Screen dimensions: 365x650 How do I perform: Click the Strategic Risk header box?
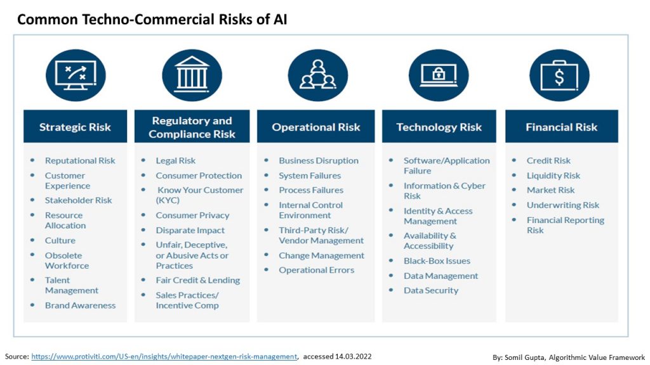click(75, 127)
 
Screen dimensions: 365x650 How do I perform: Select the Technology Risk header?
click(439, 127)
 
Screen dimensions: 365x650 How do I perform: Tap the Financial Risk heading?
click(561, 127)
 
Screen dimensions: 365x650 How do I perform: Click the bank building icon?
click(192, 75)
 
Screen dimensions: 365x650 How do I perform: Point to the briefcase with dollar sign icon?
click(559, 75)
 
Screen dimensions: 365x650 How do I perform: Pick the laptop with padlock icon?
click(439, 75)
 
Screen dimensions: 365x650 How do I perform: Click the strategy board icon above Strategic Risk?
click(76, 75)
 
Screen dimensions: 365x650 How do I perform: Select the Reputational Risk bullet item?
click(80, 160)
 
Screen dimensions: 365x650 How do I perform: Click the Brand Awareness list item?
click(80, 305)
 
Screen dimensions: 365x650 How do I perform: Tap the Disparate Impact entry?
click(190, 230)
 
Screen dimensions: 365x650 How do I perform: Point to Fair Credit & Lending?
click(197, 280)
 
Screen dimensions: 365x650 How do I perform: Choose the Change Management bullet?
click(321, 255)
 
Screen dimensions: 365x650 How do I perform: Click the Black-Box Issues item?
click(437, 260)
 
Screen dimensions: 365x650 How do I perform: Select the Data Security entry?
click(430, 290)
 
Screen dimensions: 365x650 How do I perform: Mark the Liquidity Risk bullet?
click(553, 176)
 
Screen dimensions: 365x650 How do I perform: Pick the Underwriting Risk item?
click(562, 205)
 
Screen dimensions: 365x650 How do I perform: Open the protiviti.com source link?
click(164, 357)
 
